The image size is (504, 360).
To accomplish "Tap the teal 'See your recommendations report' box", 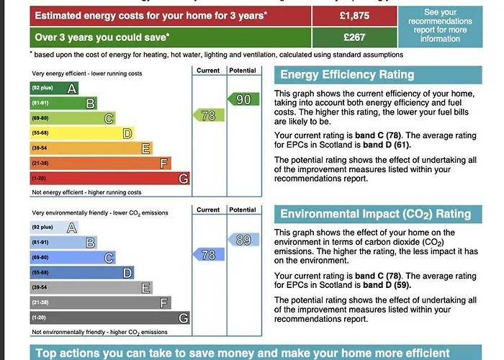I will point(441,26).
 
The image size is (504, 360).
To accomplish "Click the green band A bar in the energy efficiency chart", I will point(54,89).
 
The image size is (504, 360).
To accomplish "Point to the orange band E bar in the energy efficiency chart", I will point(91,148).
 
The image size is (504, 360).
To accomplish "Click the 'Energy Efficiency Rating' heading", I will point(347,75).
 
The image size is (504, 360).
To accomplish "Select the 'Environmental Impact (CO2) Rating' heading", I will point(375,214).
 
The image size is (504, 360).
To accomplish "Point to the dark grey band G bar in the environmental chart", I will point(109,318).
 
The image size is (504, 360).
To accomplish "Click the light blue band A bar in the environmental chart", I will point(54,228).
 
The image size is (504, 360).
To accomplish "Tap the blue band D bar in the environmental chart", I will point(81,273).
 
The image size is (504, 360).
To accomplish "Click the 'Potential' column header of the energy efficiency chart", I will point(243,71).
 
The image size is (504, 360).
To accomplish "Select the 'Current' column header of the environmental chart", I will point(208,210).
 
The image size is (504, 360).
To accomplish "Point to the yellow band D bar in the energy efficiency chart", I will point(81,133).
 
